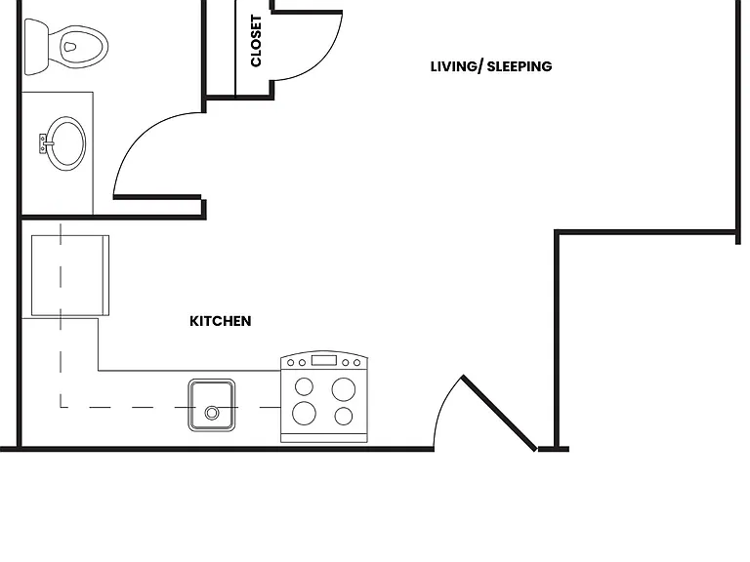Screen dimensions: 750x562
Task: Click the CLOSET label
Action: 256,41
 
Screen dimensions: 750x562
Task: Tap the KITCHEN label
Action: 221,321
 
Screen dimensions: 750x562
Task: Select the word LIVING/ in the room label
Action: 456,66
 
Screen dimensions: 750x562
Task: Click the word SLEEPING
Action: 520,66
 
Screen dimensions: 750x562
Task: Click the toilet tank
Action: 36,47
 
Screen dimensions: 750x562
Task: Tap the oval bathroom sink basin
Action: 67,143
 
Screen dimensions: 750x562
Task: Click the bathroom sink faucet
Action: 44,143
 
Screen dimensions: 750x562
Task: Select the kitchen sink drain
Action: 212,413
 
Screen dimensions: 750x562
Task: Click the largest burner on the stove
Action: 344,389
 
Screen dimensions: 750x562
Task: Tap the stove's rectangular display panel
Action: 324,360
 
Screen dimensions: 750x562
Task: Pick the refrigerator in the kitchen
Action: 70,276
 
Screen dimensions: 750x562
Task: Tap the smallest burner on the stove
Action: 344,417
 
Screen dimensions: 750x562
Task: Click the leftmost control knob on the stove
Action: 290,363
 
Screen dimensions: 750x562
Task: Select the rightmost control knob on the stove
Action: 356,363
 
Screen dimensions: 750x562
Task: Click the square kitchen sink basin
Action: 211,405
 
